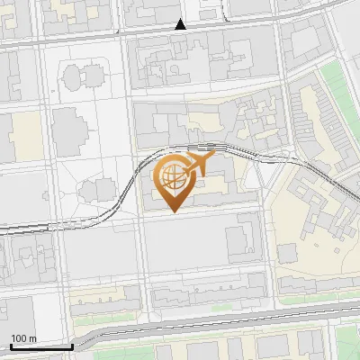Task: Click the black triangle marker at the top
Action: (x=181, y=24)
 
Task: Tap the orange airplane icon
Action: (x=201, y=163)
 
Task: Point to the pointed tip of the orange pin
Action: (x=173, y=211)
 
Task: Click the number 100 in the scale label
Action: (x=19, y=337)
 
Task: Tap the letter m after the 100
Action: (x=32, y=337)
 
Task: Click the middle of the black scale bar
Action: (x=41, y=346)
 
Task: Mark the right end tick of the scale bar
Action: (x=73, y=345)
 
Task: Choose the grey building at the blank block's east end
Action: (x=240, y=241)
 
